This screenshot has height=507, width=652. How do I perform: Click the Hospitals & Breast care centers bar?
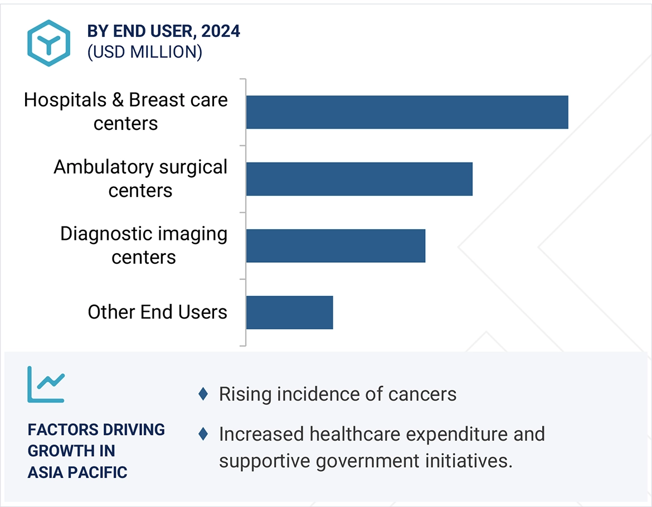pos(407,112)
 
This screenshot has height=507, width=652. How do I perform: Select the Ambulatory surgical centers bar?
pos(359,179)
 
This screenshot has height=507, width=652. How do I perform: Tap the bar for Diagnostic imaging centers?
pos(335,246)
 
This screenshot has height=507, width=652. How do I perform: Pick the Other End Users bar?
pos(289,312)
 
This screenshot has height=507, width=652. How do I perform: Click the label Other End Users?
pos(157,312)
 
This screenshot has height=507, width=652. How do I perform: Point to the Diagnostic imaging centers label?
pos(144,245)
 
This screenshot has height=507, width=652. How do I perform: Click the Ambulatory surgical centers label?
pos(140,178)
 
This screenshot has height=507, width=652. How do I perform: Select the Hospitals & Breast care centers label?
pos(126,112)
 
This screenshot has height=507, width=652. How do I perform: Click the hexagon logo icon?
pos(48,44)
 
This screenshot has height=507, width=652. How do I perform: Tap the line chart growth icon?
pos(46,384)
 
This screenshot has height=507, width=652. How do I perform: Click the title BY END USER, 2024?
pos(164,31)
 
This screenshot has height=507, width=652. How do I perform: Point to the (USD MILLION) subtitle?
pos(144,52)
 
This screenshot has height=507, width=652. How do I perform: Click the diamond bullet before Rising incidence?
pos(203,394)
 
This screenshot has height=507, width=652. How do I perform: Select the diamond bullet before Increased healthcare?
pos(203,433)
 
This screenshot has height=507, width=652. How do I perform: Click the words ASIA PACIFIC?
pos(77,472)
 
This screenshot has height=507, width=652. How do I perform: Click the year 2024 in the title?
pos(221,31)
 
